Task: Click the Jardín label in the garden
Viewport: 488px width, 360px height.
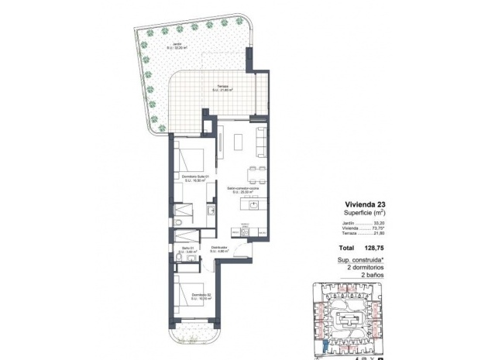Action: [x=178, y=44]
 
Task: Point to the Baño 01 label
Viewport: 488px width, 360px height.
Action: [x=187, y=249]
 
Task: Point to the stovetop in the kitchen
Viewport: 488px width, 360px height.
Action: [x=244, y=231]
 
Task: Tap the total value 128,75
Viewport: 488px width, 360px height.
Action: [x=373, y=248]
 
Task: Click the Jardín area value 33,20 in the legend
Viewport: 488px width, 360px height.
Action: [x=379, y=223]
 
